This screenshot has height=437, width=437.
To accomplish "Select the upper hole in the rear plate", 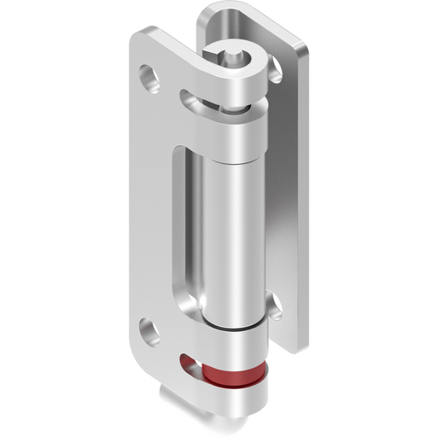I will [275, 74].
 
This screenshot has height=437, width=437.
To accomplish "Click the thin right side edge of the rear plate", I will [303, 196].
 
